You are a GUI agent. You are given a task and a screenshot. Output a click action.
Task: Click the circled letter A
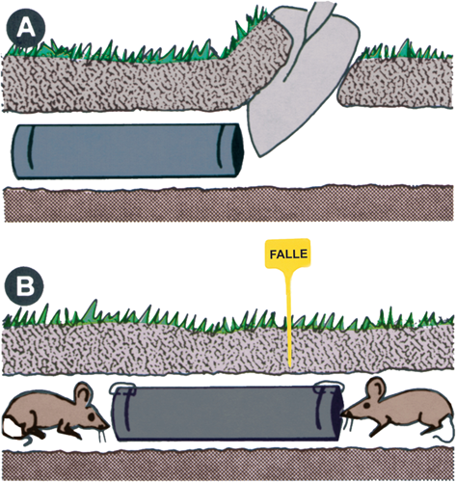click(x=27, y=28)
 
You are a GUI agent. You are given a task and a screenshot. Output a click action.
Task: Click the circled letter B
click(x=25, y=285)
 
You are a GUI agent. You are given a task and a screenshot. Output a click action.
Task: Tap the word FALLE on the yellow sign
click(x=288, y=254)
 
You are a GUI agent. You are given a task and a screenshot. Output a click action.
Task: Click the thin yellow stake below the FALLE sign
click(x=289, y=318)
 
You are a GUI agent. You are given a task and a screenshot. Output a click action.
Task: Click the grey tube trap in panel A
click(x=127, y=151)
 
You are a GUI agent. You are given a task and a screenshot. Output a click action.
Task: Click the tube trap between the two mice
click(x=228, y=413)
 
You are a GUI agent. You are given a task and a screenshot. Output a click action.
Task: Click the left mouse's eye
click(x=92, y=415)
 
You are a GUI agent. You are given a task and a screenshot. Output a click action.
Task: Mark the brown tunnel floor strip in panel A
click(x=228, y=203)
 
